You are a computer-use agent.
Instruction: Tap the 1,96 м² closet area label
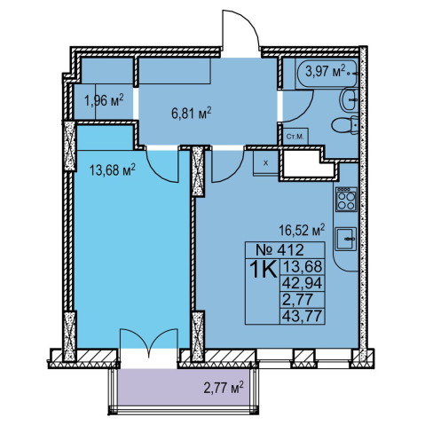[x=104, y=101]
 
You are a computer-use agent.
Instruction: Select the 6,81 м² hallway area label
[x=192, y=113]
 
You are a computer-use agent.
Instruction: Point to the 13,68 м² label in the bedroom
[x=113, y=170]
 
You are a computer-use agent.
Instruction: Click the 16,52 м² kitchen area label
[x=302, y=231]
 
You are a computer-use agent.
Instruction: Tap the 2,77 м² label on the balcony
[x=224, y=388]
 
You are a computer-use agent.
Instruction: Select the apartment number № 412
[x=279, y=250]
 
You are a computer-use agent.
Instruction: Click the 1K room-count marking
[x=264, y=269]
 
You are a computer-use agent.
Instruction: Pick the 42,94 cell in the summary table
[x=302, y=283]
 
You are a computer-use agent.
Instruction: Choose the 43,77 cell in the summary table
[x=302, y=316]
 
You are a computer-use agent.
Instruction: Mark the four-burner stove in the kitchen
[x=346, y=200]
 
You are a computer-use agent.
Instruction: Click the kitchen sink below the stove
[x=346, y=239]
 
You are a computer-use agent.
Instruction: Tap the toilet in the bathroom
[x=344, y=125]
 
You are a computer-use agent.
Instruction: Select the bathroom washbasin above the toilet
[x=349, y=99]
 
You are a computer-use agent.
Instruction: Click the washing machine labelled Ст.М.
[x=295, y=137]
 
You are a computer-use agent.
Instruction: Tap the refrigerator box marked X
[x=266, y=163]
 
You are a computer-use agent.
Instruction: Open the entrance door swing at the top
[x=240, y=33]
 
